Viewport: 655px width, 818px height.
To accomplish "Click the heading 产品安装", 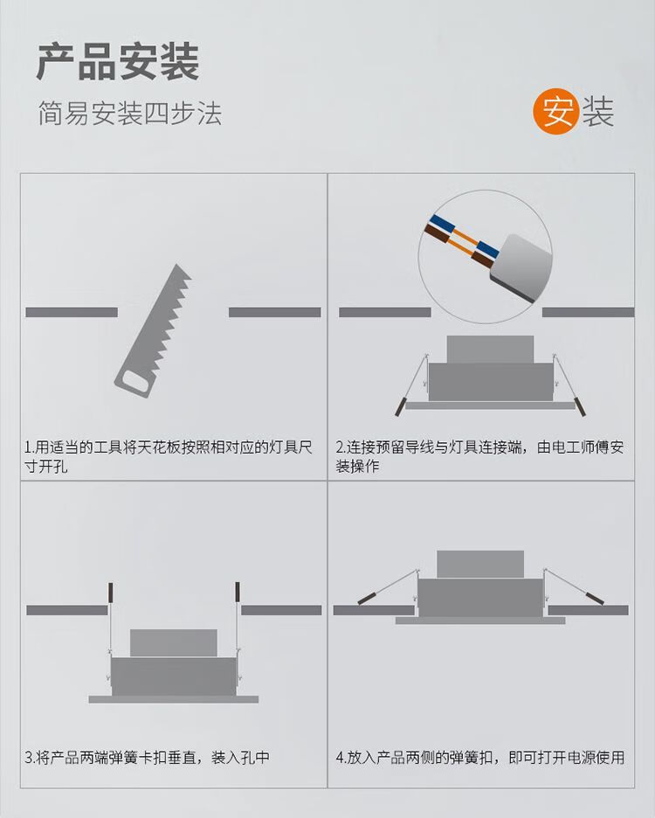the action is [x=118, y=62].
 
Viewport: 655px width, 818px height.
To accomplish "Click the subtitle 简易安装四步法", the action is [x=130, y=114].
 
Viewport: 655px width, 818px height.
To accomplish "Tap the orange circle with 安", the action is [x=556, y=111].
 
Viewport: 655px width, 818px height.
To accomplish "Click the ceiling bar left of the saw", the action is [x=72, y=312].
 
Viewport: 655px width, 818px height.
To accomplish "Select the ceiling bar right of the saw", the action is [x=275, y=312].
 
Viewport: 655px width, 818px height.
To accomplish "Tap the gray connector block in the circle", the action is [x=521, y=268].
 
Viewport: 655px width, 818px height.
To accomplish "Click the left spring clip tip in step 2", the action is [x=400, y=407].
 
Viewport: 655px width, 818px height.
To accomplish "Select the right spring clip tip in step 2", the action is [x=580, y=407].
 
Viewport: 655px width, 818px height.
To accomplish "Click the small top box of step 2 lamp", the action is [x=490, y=349].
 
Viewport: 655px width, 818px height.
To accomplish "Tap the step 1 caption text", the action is [x=168, y=456].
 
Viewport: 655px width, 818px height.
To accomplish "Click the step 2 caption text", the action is [x=479, y=456].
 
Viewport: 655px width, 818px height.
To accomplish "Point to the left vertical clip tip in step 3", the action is [x=110, y=592].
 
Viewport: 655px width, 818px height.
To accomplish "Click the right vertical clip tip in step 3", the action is [x=238, y=592].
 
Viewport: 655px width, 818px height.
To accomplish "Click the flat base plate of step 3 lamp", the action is [x=174, y=699].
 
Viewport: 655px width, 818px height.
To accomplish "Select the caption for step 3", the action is [x=147, y=757].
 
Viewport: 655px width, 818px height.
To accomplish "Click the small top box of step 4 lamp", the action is [x=480, y=564].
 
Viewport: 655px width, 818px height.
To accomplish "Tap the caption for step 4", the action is [x=480, y=757].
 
